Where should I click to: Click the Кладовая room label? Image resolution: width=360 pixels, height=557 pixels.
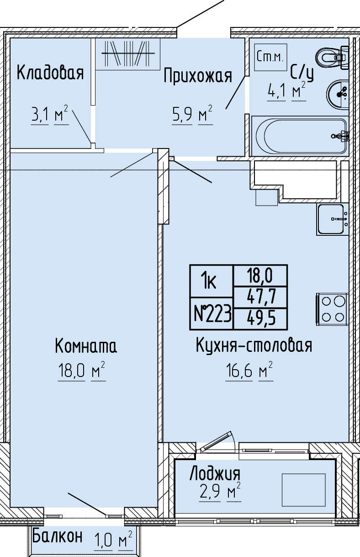[50, 72]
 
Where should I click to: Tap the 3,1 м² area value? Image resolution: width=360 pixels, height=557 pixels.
[50, 115]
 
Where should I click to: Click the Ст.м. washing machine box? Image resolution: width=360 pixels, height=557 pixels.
[271, 58]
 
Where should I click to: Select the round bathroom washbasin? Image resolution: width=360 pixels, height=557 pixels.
[338, 94]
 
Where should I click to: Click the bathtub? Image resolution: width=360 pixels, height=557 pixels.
[300, 136]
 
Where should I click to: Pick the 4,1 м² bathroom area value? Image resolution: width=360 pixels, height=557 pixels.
[286, 91]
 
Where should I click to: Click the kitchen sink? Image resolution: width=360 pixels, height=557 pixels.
[333, 219]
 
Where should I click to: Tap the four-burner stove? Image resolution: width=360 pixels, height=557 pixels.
[333, 309]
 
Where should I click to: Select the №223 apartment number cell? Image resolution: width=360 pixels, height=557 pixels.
[212, 313]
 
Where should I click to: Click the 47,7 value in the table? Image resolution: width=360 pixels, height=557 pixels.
[261, 297]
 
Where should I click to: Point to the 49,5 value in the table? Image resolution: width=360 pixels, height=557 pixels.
[261, 318]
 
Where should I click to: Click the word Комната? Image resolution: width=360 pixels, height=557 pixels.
[86, 345]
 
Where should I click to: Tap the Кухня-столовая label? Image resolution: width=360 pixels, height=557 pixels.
[254, 345]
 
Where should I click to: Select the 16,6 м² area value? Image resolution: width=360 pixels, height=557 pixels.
[249, 371]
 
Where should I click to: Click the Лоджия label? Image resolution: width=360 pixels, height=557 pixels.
[215, 474]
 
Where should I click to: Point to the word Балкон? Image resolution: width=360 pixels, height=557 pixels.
[57, 536]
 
